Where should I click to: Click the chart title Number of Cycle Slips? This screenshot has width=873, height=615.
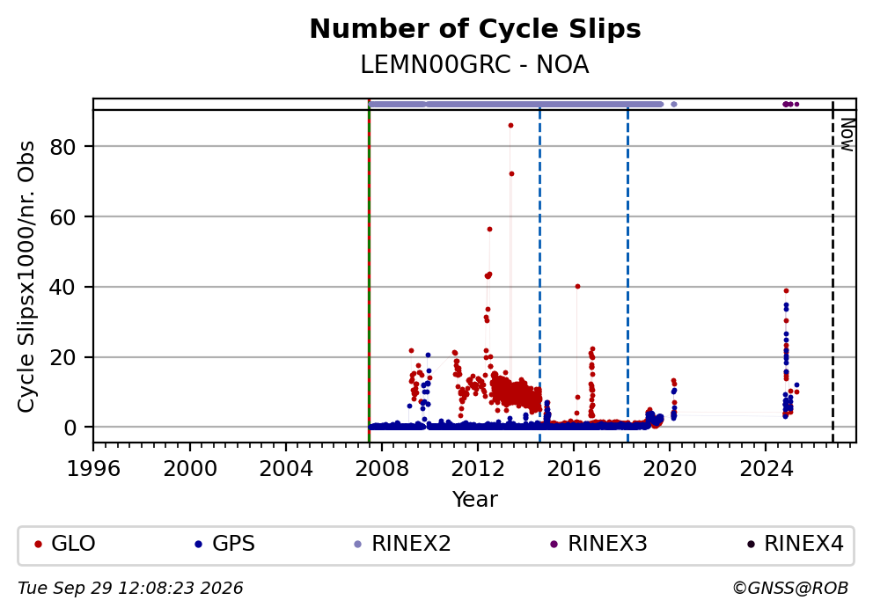click(475, 29)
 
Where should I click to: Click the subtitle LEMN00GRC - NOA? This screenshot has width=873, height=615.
click(475, 65)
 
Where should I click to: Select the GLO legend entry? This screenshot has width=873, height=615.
click(65, 543)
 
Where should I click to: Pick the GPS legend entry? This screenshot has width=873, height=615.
click(225, 543)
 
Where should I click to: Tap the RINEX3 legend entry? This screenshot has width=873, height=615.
click(598, 543)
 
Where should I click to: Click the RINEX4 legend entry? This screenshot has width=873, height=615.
click(795, 543)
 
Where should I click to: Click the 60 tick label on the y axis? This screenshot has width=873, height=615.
click(62, 217)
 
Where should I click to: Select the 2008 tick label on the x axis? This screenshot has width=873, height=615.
click(381, 469)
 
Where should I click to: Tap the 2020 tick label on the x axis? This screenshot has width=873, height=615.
click(669, 469)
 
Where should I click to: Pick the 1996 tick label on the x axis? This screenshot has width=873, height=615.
click(93, 469)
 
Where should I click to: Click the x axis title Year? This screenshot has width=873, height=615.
click(475, 499)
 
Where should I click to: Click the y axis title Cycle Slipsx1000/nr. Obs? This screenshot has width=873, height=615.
click(26, 276)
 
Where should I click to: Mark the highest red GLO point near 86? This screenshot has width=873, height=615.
click(510, 126)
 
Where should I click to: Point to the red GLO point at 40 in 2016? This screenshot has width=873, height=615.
click(577, 287)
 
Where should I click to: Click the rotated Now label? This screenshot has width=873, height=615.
click(847, 135)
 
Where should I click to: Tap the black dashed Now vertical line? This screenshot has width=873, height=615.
click(833, 271)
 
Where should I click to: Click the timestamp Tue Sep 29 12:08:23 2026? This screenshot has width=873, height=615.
click(130, 589)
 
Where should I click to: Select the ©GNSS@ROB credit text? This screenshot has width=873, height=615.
click(790, 589)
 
